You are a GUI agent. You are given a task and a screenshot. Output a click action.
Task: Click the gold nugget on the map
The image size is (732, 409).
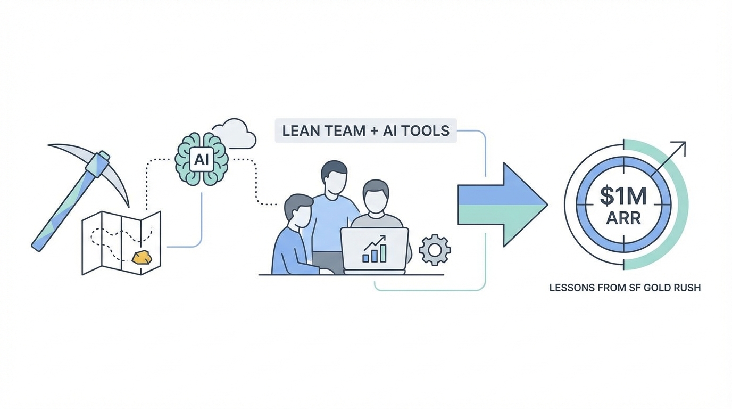tap(142, 257)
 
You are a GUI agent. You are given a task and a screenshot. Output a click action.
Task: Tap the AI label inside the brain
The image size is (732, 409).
tap(201, 159)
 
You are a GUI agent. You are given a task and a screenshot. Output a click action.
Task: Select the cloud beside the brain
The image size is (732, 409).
tap(235, 134)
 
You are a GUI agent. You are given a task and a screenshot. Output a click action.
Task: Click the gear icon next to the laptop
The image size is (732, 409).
tap(435, 250)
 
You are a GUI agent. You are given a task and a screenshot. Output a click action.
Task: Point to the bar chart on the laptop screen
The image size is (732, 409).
tap(375, 250)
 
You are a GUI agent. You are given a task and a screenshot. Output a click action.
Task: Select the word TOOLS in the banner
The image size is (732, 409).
tap(426, 130)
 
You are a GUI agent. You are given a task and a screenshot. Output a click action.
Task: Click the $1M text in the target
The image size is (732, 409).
tap(623, 196)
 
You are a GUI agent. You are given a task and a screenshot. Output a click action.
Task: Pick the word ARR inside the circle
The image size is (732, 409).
tap(623, 218)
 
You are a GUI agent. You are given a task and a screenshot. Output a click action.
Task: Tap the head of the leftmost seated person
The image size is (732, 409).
tap(298, 210)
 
